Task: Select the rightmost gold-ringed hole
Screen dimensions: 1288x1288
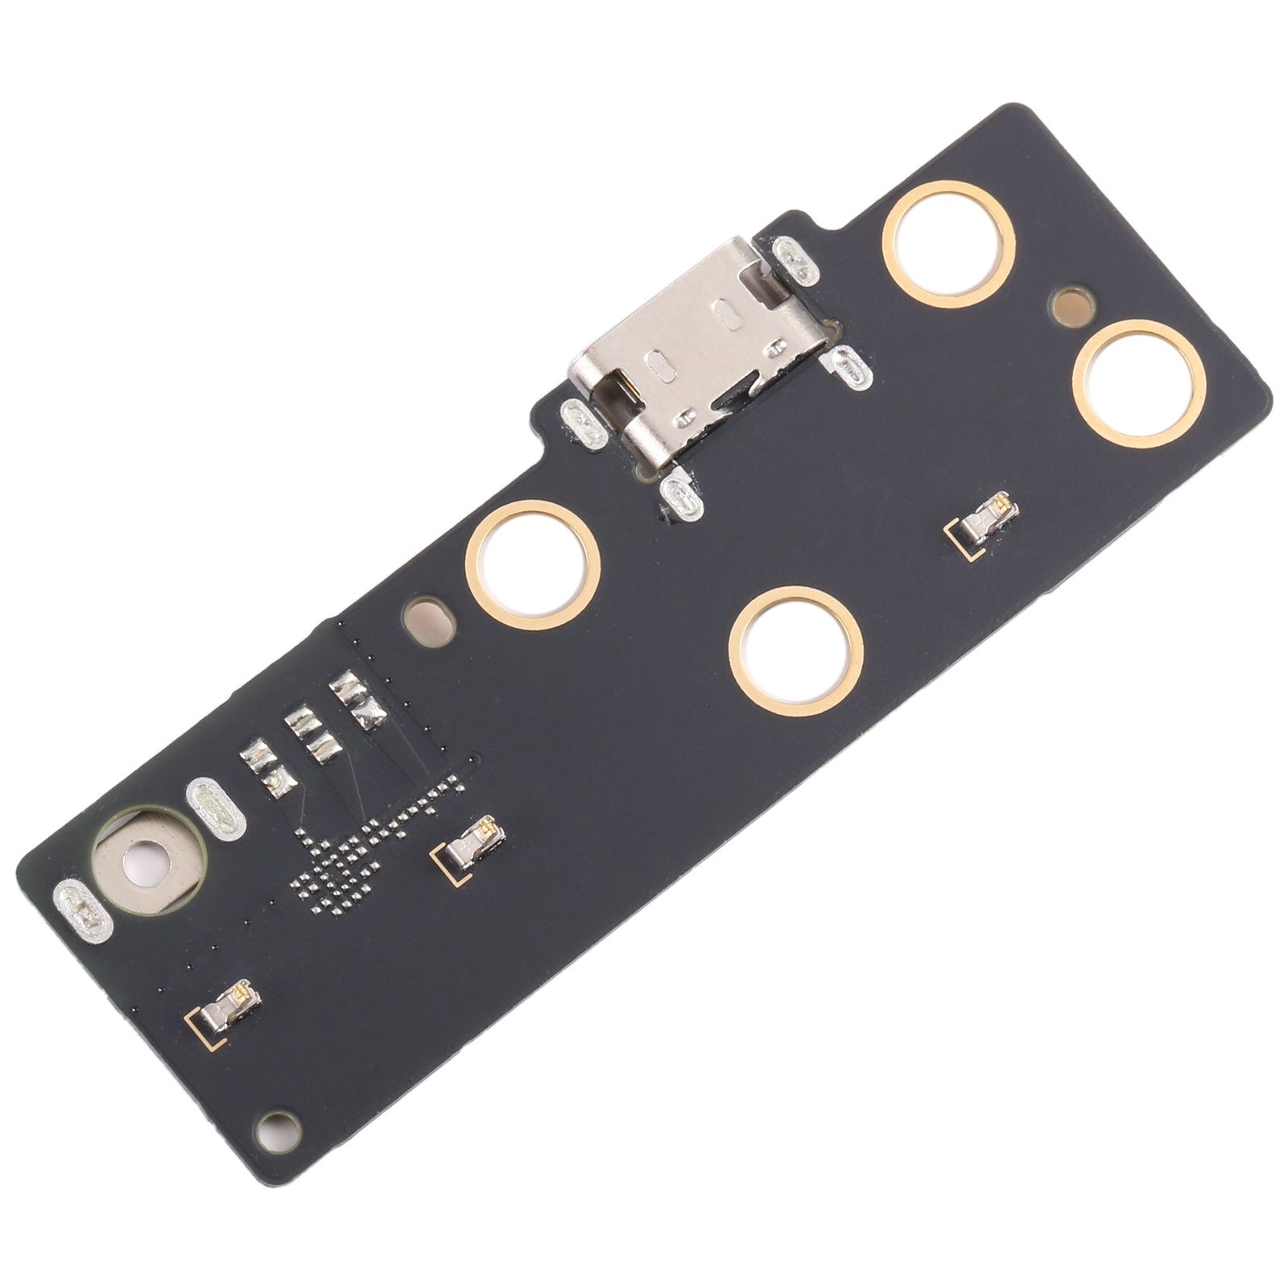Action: coord(1146,386)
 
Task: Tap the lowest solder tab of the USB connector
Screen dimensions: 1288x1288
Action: coord(681,497)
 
